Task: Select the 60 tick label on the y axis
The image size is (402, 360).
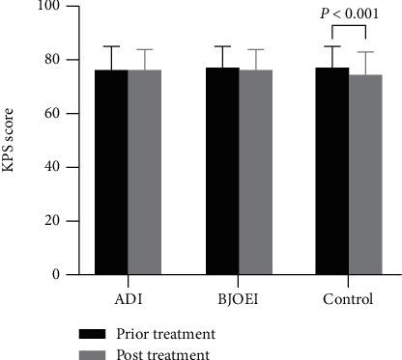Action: coord(51,114)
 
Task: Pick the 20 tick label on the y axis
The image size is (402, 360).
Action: coord(51,221)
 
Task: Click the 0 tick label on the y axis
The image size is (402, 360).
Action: coord(55,275)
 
